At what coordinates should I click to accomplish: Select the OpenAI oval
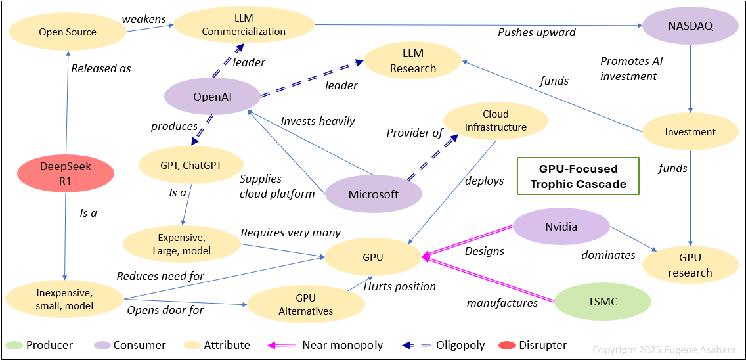[212, 97]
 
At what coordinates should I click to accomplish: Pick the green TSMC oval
[603, 302]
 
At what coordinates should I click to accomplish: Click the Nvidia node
[561, 227]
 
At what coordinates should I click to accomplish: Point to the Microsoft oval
[373, 194]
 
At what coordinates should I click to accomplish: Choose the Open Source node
[68, 32]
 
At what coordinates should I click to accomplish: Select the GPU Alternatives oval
[305, 304]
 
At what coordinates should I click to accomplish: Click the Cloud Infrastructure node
[495, 121]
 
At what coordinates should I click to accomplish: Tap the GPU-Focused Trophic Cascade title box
[577, 176]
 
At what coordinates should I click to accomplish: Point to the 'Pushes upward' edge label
[537, 32]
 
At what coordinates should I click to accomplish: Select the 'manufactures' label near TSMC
[502, 303]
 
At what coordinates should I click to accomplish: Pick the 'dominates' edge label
[608, 254]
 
